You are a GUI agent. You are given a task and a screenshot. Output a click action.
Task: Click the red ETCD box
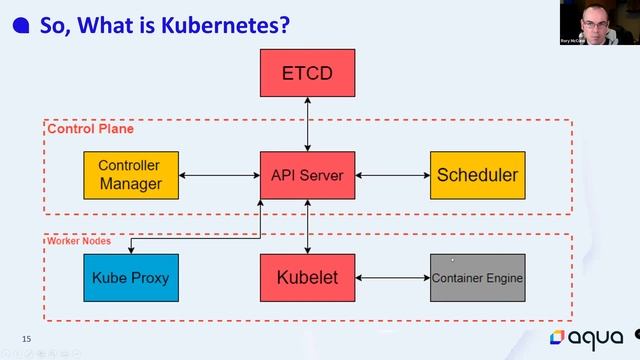pos(307,73)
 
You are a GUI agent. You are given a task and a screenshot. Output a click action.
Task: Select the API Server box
pos(307,175)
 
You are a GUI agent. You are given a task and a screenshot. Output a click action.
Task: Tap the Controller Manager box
pos(130,175)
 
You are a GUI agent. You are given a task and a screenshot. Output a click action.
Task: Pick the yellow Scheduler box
pos(477,175)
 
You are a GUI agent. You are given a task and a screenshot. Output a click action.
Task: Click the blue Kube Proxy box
pos(130,277)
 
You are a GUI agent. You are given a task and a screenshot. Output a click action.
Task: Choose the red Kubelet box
pos(307,277)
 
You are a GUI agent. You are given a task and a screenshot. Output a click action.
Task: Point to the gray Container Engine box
pos(477,277)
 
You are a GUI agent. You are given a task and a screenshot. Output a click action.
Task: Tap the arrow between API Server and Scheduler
pos(392,176)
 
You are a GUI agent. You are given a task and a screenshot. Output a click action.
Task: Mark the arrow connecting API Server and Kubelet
pos(307,226)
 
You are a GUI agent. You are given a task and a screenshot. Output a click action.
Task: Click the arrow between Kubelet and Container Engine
pos(392,277)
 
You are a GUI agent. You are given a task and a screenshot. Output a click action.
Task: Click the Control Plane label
pos(90,129)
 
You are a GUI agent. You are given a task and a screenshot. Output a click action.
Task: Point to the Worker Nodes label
pos(77,241)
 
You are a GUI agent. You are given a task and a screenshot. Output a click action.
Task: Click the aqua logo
pos(590,337)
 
